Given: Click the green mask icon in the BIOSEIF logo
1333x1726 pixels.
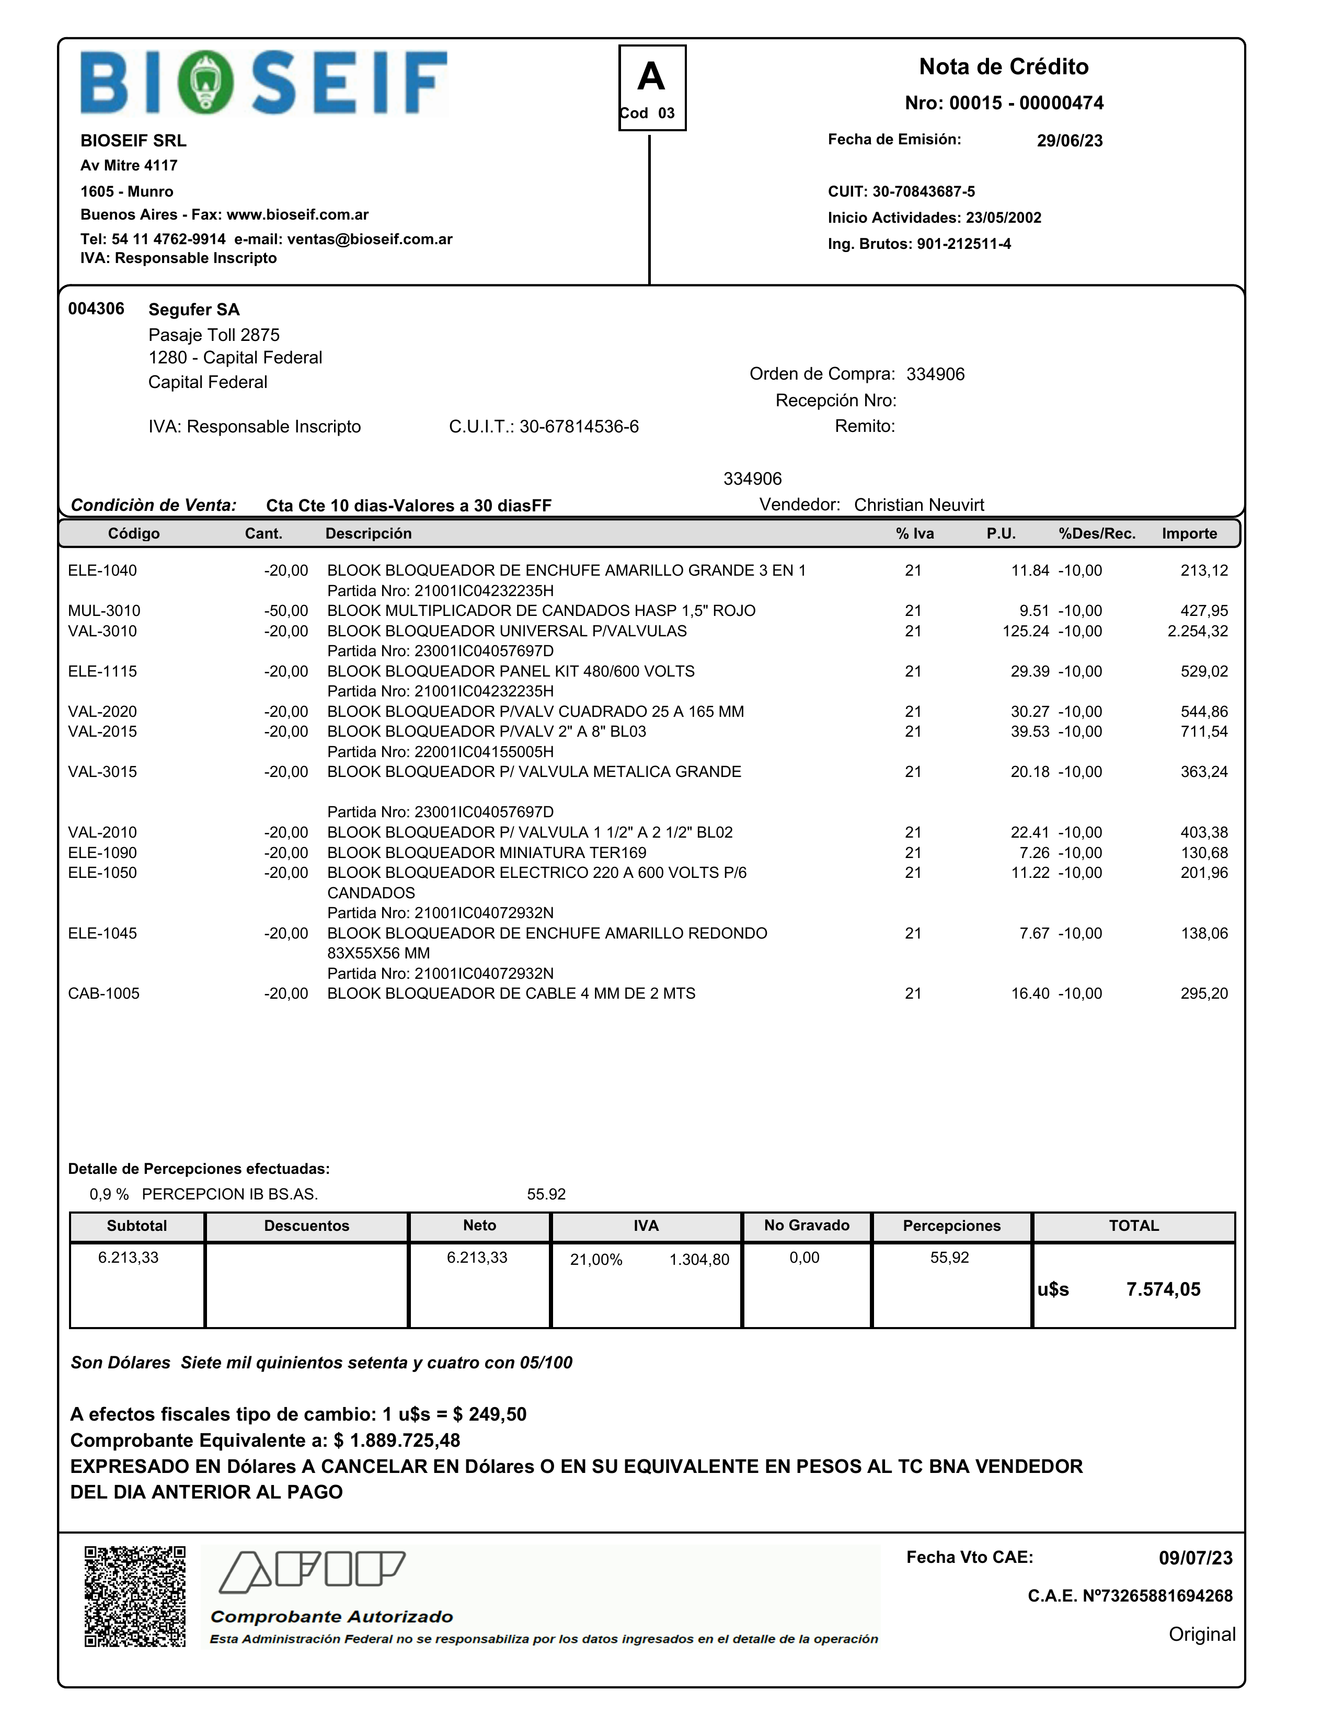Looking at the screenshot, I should [204, 82].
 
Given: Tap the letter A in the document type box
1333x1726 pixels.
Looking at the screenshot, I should [651, 77].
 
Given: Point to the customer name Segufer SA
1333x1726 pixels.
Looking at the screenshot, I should [193, 310].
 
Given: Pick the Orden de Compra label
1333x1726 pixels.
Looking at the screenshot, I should [822, 374].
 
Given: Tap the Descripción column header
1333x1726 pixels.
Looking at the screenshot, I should [368, 533].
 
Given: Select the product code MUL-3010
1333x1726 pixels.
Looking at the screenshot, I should [105, 611].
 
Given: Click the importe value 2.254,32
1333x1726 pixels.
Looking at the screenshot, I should [1197, 631].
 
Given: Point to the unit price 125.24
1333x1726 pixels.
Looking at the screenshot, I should [1026, 631].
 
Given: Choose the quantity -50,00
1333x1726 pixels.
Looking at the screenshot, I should [286, 611].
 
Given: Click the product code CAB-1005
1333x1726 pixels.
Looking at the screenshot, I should [104, 993].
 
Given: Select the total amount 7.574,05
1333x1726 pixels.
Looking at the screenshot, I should [1163, 1290].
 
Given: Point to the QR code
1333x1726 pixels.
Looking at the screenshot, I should [135, 1596].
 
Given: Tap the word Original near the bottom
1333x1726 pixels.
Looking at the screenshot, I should [1201, 1634].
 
